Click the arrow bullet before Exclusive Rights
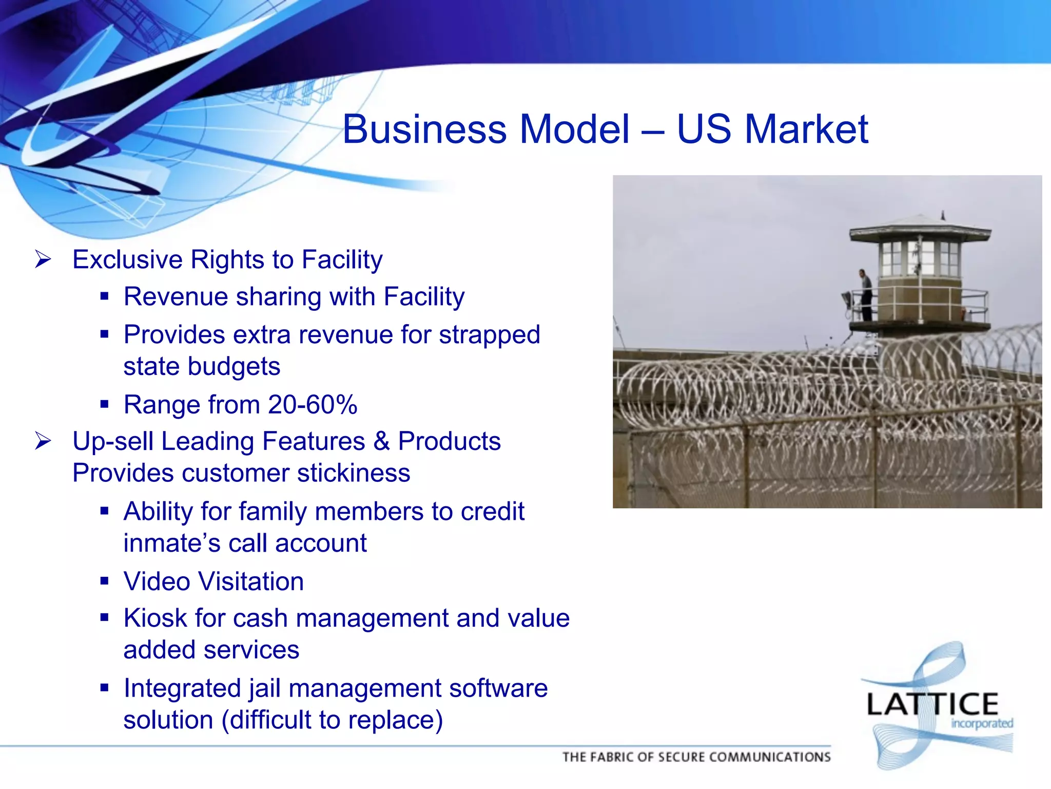(x=43, y=259)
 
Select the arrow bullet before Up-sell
(x=43, y=441)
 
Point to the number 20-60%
(x=313, y=405)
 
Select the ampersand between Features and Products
(x=381, y=441)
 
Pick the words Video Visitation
(x=213, y=581)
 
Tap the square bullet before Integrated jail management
(x=105, y=687)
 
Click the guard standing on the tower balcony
(x=866, y=295)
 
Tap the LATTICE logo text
(x=932, y=704)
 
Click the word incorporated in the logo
(x=982, y=724)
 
